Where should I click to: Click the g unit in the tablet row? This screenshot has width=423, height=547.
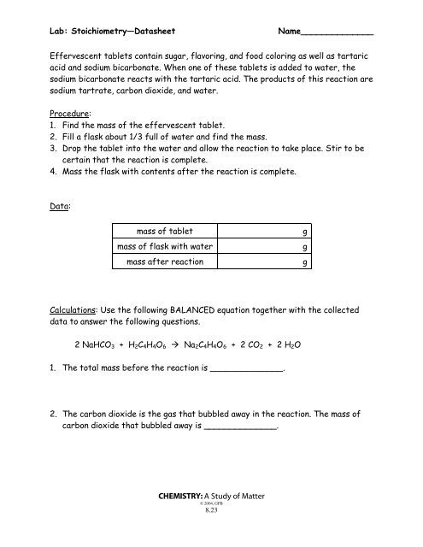(305, 232)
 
